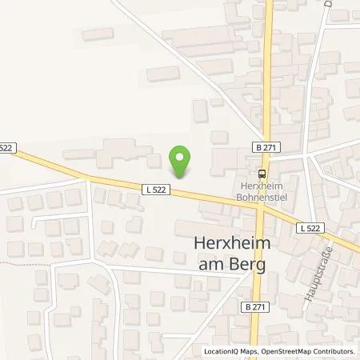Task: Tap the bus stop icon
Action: [262, 173]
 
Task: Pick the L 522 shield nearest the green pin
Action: [156, 190]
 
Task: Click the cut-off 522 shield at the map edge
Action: [7, 147]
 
